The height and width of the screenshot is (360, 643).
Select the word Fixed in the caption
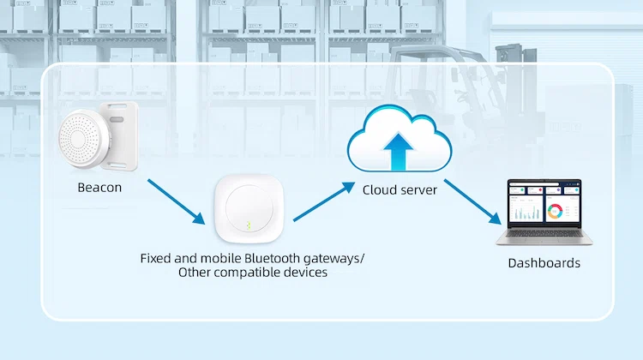(x=155, y=257)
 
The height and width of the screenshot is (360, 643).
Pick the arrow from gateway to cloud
(x=324, y=202)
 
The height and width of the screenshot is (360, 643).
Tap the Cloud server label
(x=400, y=189)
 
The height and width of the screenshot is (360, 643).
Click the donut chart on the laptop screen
(x=556, y=210)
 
